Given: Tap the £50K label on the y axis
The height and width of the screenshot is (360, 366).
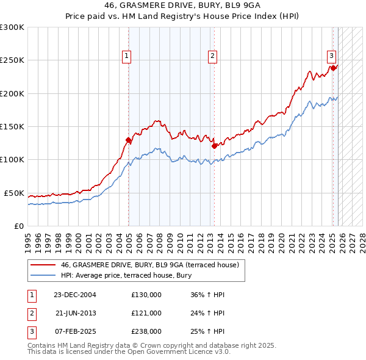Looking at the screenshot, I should pos(15,193).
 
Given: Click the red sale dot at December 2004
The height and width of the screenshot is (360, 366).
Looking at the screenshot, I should pos(129,140).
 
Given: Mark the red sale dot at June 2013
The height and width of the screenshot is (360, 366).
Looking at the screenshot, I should pos(215,146).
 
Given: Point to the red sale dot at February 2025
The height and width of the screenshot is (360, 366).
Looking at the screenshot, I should pos(335,68).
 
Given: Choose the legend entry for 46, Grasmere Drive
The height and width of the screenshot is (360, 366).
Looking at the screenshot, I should pos(152,265).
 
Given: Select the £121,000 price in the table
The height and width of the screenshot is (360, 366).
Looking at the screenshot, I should pos(146,313).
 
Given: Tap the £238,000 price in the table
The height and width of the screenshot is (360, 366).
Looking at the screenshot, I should pos(146,331).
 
